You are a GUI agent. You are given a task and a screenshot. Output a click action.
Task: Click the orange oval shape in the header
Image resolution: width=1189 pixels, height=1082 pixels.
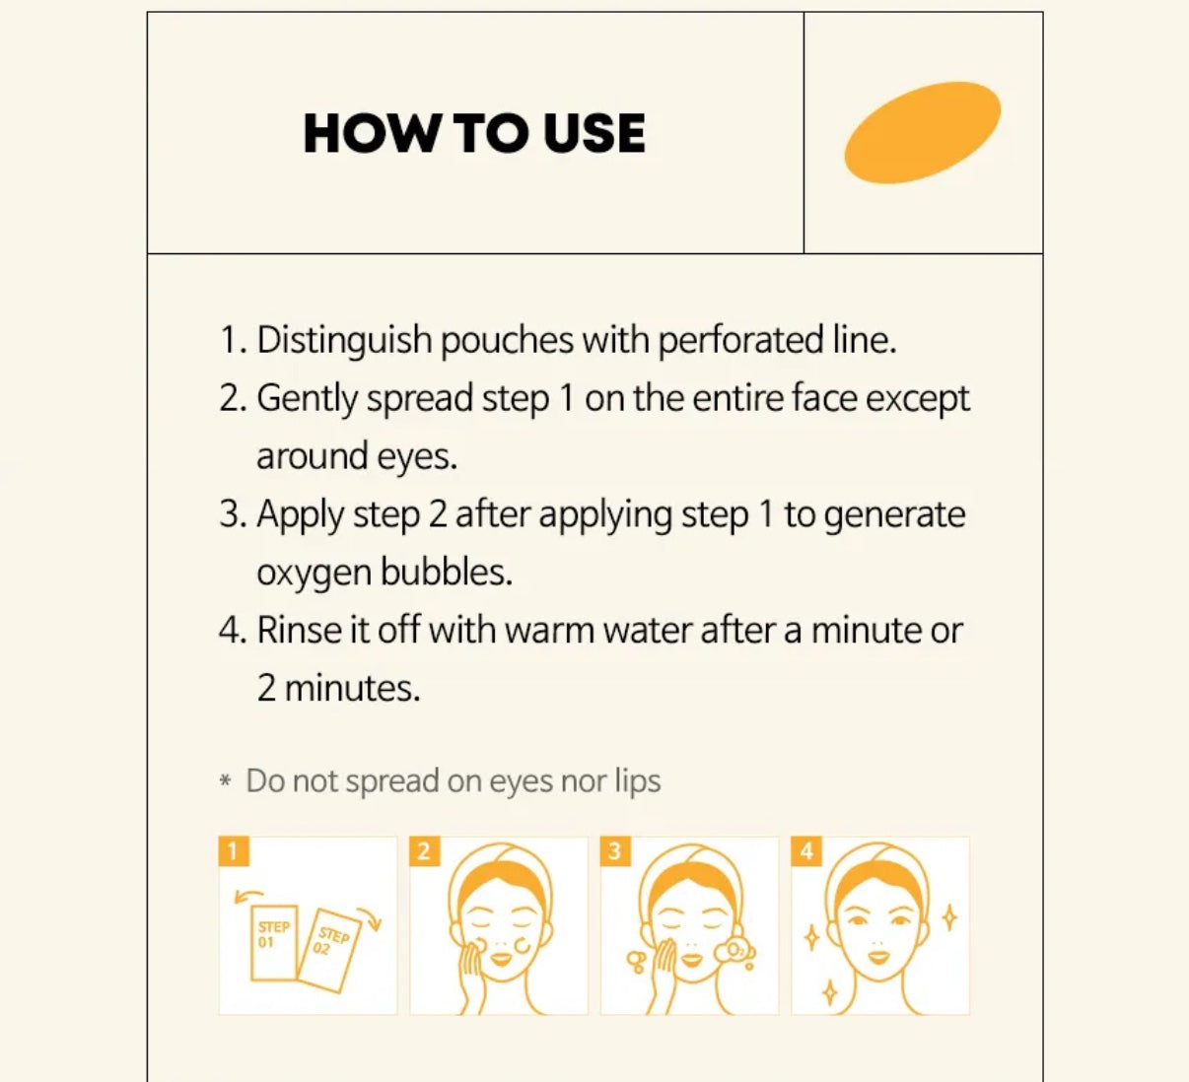[922, 132]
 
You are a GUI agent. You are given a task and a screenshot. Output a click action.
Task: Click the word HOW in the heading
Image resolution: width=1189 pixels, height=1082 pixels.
[370, 134]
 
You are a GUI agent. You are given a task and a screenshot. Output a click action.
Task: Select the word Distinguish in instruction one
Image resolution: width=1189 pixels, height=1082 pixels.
[344, 342]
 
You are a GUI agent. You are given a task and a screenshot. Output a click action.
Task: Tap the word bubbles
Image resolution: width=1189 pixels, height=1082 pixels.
[446, 572]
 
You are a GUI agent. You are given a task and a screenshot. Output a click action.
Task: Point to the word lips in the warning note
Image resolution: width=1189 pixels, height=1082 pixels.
[637, 781]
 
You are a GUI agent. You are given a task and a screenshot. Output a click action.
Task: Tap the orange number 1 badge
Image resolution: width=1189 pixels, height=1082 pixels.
[234, 851]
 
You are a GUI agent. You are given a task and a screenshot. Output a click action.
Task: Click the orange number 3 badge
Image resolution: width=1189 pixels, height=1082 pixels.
[615, 851]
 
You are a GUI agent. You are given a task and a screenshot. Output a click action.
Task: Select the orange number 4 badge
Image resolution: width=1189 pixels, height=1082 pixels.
[806, 851]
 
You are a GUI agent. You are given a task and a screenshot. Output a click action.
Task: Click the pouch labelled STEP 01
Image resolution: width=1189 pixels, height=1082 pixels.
[273, 943]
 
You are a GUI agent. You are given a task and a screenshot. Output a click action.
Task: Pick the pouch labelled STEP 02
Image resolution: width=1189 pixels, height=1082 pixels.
[328, 950]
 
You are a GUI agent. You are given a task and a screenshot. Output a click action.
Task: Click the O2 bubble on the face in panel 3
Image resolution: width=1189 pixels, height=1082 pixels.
[734, 951]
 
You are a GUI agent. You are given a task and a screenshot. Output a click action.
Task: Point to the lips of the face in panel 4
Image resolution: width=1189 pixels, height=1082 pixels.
[878, 956]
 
